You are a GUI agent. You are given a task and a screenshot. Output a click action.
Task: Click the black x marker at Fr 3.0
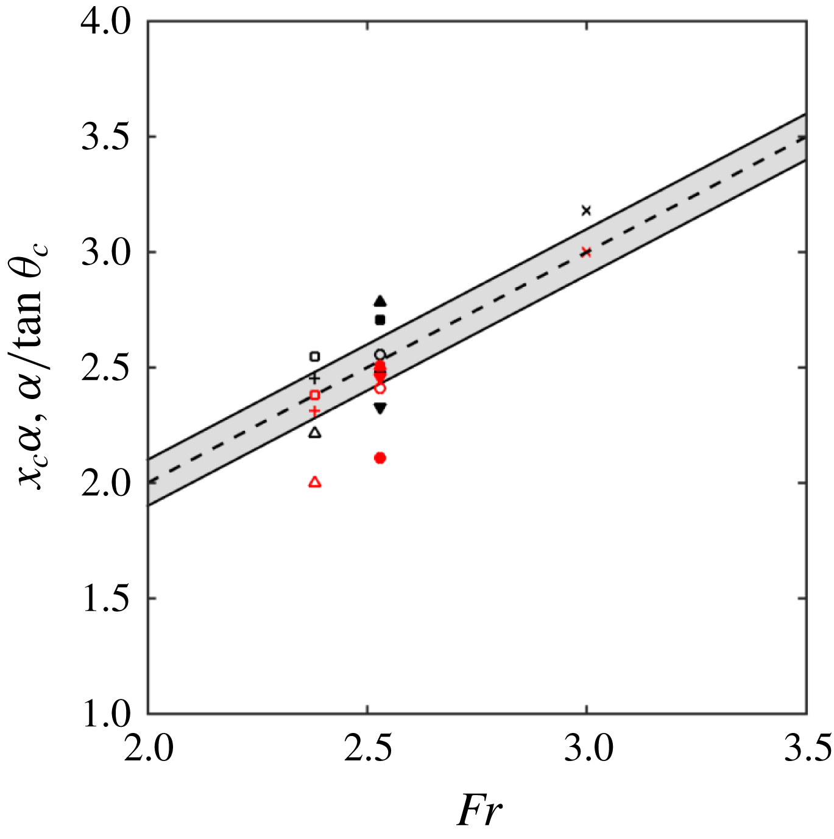586,211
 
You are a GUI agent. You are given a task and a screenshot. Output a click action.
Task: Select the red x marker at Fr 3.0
586,252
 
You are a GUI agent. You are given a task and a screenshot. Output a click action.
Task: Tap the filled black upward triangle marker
380,301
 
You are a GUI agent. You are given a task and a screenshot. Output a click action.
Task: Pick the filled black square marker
380,320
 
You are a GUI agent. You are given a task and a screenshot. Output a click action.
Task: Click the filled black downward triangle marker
380,408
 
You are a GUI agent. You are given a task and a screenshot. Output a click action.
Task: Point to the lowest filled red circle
380,458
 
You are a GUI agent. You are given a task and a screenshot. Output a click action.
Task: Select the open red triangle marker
315,482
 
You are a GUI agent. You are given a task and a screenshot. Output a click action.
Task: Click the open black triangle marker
315,433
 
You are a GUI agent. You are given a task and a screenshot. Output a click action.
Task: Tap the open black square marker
315,356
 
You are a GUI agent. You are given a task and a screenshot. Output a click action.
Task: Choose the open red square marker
315,395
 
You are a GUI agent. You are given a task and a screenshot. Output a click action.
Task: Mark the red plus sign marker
314,411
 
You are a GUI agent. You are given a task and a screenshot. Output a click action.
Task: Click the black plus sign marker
314,378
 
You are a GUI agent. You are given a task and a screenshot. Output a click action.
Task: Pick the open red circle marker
380,388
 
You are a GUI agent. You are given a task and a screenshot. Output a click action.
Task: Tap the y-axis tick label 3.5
106,138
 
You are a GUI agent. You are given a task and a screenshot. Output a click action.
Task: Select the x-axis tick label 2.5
367,749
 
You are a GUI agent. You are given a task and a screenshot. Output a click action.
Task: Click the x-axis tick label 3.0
587,749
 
